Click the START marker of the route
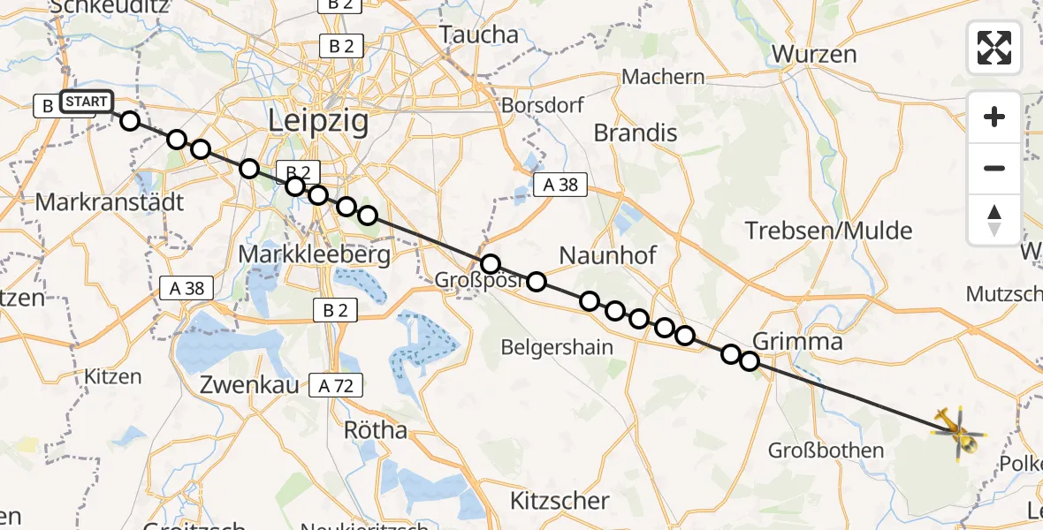tap(87, 102)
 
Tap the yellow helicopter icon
tap(957, 432)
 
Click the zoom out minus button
tap(994, 168)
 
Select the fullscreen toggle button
tap(994, 48)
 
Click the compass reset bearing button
tap(994, 220)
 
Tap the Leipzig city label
tap(318, 121)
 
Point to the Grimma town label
tap(796, 342)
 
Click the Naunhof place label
tap(609, 256)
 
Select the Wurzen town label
tap(814, 54)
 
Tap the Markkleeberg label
tap(315, 256)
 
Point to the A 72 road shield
tap(336, 385)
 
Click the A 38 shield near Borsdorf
tap(560, 185)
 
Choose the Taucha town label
tap(479, 35)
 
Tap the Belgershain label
tap(557, 347)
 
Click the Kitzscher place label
tap(560, 501)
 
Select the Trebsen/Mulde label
tap(828, 231)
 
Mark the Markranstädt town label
tap(110, 202)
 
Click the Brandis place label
tap(636, 133)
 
